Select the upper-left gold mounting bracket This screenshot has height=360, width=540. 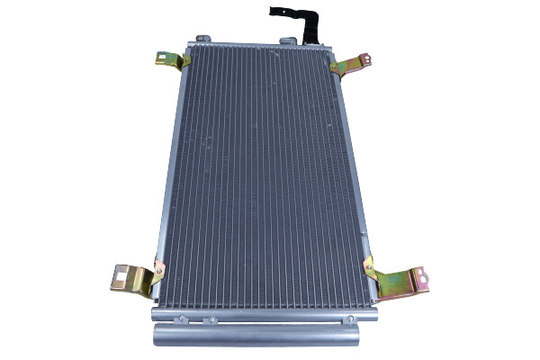click(171, 60)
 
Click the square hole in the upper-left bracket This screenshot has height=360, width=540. click(163, 59)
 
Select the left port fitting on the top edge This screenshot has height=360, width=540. click(203, 39)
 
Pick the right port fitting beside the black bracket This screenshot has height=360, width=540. click(288, 40)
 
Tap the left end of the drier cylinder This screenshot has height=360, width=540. click(158, 335)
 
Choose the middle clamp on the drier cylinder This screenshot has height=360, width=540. click(260, 319)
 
